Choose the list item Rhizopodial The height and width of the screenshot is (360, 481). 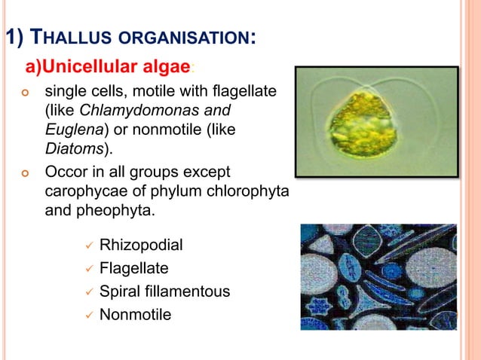(x=141, y=246)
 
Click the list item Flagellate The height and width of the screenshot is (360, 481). (x=133, y=268)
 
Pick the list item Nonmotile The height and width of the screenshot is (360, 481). (x=135, y=313)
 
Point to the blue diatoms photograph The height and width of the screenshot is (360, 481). (x=378, y=276)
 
